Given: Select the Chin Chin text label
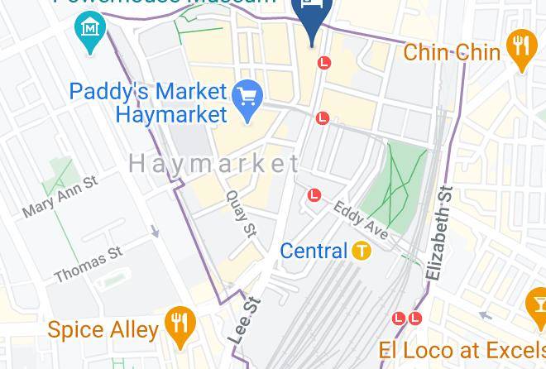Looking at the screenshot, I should [452, 52].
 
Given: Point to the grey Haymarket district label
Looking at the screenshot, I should [213, 164].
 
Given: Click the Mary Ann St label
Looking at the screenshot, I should [60, 196].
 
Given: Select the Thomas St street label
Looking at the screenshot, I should [88, 263].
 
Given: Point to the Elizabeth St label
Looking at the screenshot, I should [439, 233].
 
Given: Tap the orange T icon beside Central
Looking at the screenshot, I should [361, 251].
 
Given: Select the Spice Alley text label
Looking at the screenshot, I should [103, 330].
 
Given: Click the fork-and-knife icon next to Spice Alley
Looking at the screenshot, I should [179, 325].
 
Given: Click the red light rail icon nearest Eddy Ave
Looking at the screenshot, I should [314, 195].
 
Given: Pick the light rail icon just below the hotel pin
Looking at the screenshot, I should [324, 62].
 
